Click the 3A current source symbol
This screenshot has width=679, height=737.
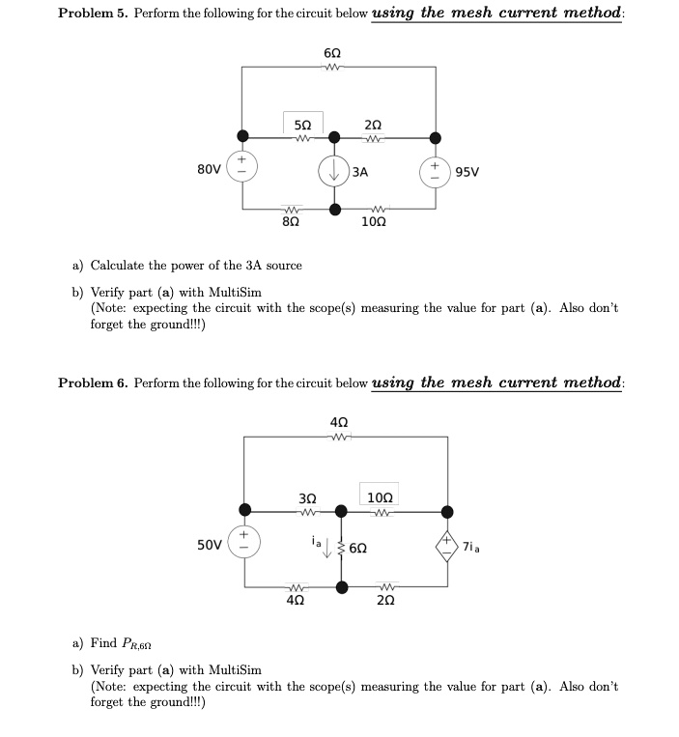click(335, 172)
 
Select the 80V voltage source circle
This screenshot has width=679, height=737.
click(241, 172)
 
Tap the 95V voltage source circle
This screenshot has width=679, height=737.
click(435, 172)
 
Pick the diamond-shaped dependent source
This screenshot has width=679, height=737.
click(447, 546)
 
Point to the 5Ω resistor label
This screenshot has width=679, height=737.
click(302, 124)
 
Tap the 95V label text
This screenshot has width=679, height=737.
click(467, 173)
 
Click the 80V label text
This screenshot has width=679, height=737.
click(208, 172)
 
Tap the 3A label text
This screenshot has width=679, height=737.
click(360, 173)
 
